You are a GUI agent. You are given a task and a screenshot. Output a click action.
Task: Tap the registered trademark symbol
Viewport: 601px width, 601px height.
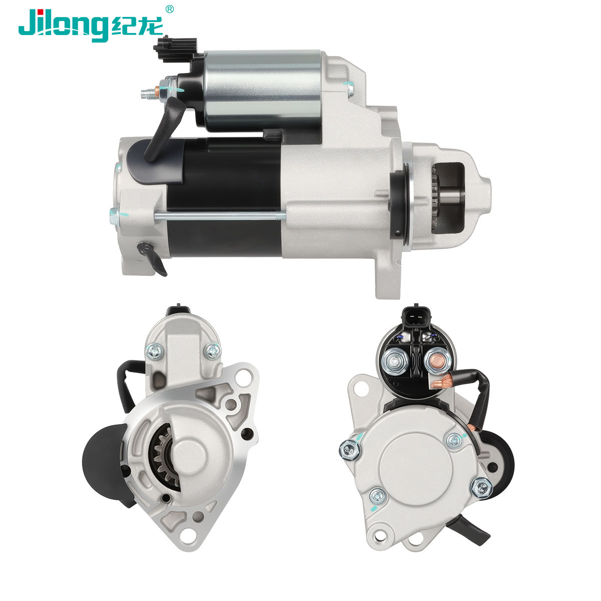tap(169, 9)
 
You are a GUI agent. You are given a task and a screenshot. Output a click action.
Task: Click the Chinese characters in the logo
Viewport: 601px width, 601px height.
tap(137, 26)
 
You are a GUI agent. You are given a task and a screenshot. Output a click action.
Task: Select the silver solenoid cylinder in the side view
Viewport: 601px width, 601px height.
tap(263, 90)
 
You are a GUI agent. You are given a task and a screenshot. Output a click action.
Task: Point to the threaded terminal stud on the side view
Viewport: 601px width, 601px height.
tap(150, 92)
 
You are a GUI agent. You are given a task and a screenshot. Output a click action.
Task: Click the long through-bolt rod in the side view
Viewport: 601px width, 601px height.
tap(220, 215)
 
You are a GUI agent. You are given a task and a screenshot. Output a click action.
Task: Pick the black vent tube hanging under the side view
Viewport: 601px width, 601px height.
tap(154, 257)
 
